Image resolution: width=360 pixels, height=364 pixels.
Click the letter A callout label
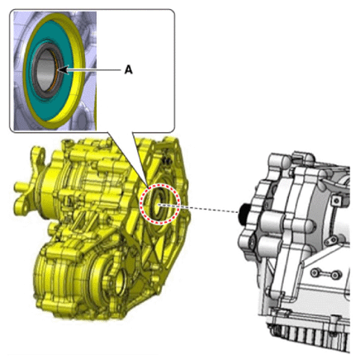128,70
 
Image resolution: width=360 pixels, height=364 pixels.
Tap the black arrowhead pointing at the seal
63,69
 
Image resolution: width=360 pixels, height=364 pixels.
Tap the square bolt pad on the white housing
335,201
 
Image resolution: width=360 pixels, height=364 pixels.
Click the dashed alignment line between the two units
198,208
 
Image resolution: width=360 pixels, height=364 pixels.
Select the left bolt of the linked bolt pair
315,272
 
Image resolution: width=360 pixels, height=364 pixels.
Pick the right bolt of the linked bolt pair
335,274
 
